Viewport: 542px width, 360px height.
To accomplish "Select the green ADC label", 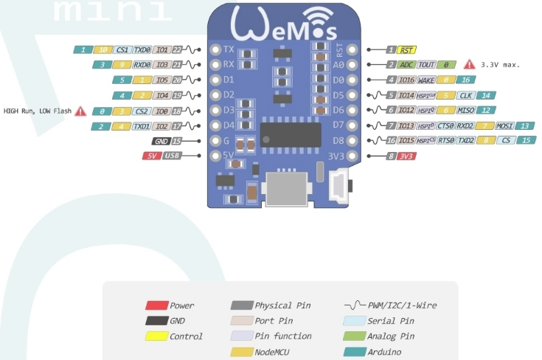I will click(x=407, y=65).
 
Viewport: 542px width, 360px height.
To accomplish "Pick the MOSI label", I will click(x=504, y=125).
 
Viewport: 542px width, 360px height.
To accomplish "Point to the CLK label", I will click(x=465, y=95).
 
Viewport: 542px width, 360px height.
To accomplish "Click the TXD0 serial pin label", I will click(x=142, y=50).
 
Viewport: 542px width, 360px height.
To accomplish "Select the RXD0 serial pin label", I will click(x=142, y=65).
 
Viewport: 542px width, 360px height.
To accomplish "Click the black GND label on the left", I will click(x=160, y=141).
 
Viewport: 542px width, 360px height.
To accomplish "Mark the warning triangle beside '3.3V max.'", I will click(x=468, y=65).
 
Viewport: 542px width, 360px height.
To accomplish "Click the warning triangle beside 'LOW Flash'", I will click(x=80, y=111).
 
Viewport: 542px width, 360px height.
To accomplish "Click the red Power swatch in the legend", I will click(x=156, y=305).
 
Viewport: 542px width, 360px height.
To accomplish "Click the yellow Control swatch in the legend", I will click(x=156, y=336).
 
